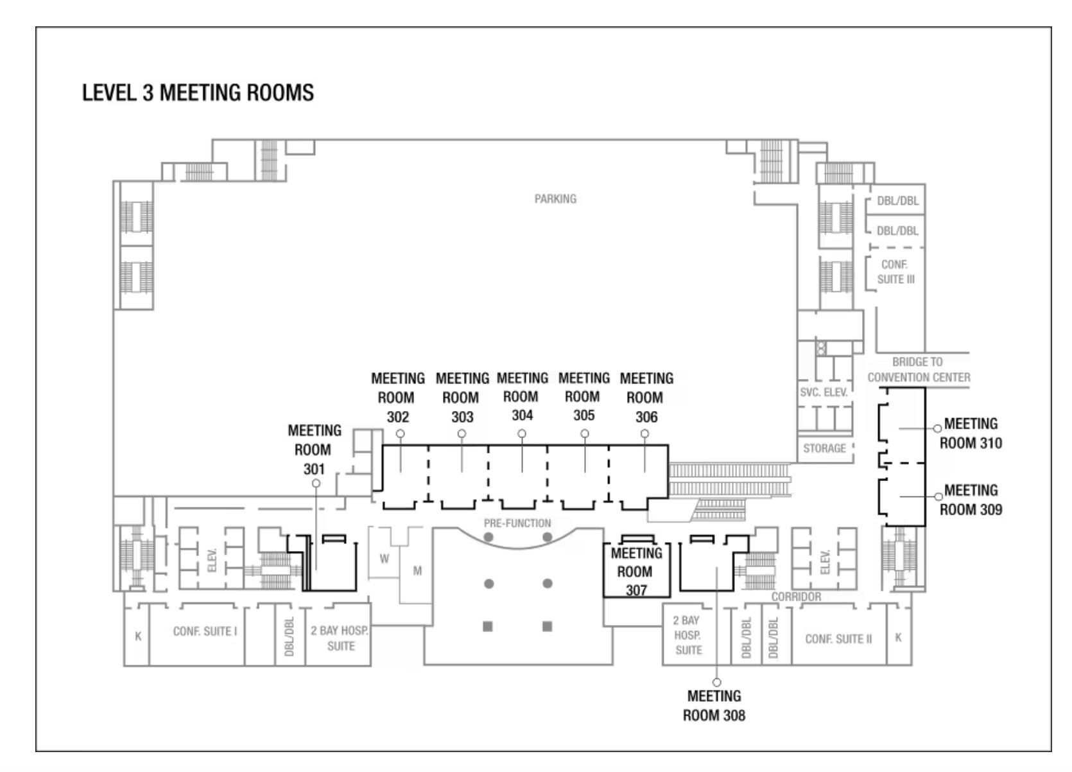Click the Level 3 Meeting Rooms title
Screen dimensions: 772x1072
point(198,93)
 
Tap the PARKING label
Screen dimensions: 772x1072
point(555,199)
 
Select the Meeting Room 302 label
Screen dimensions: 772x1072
point(398,398)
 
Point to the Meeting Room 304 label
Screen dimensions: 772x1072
point(523,396)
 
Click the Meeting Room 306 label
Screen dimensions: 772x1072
point(646,398)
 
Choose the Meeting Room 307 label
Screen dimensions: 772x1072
point(636,571)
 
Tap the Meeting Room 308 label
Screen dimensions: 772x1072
point(714,705)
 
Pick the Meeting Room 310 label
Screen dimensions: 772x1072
point(971,434)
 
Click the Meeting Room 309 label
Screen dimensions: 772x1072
point(971,500)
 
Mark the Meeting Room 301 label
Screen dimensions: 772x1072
point(315,450)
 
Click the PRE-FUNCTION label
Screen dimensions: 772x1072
point(517,523)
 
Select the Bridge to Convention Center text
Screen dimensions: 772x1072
point(919,370)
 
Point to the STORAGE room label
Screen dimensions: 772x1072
point(825,448)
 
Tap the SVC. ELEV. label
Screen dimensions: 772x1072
point(824,392)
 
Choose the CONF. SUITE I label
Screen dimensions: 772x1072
point(205,631)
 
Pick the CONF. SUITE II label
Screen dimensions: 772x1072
point(838,639)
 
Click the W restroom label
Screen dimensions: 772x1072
point(384,559)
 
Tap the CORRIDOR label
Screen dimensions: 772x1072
point(796,597)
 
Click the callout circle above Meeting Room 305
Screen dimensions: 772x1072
point(585,434)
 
